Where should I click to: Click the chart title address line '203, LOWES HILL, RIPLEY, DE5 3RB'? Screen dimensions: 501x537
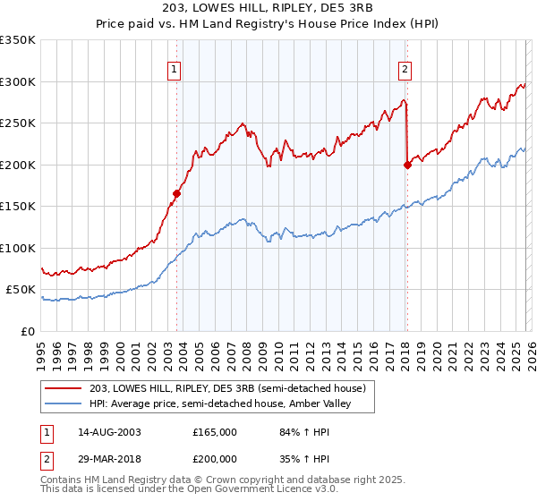coord(268,7)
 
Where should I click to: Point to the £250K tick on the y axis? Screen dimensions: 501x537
coord(18,123)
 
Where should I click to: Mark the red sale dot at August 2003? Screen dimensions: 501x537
coord(177,192)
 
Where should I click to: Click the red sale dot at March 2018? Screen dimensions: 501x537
coord(407,165)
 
